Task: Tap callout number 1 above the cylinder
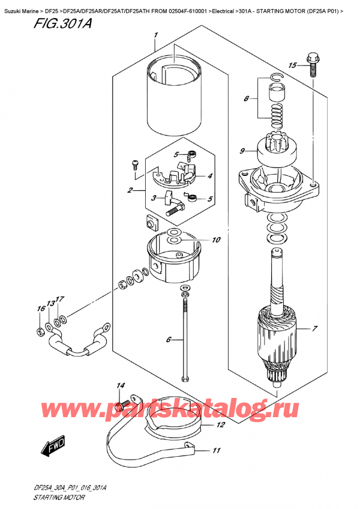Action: point(155,35)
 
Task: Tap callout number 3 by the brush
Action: point(154,198)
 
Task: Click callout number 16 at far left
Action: point(41,309)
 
